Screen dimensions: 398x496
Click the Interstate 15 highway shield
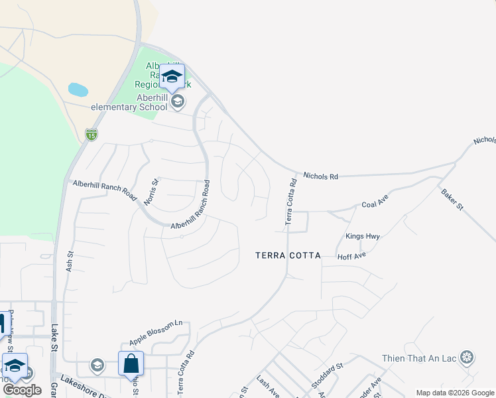92,135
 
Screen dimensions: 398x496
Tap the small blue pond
78,90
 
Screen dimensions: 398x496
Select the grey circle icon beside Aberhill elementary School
177,102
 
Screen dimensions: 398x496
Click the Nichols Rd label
321,176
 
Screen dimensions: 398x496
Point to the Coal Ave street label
375,205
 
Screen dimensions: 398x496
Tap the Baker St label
452,199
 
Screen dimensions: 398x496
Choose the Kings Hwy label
362,236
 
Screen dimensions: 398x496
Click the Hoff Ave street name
352,255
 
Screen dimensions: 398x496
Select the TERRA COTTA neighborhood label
288,255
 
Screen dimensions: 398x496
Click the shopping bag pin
131,364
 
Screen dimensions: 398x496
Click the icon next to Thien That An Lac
467,358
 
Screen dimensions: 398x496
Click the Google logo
23,390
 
